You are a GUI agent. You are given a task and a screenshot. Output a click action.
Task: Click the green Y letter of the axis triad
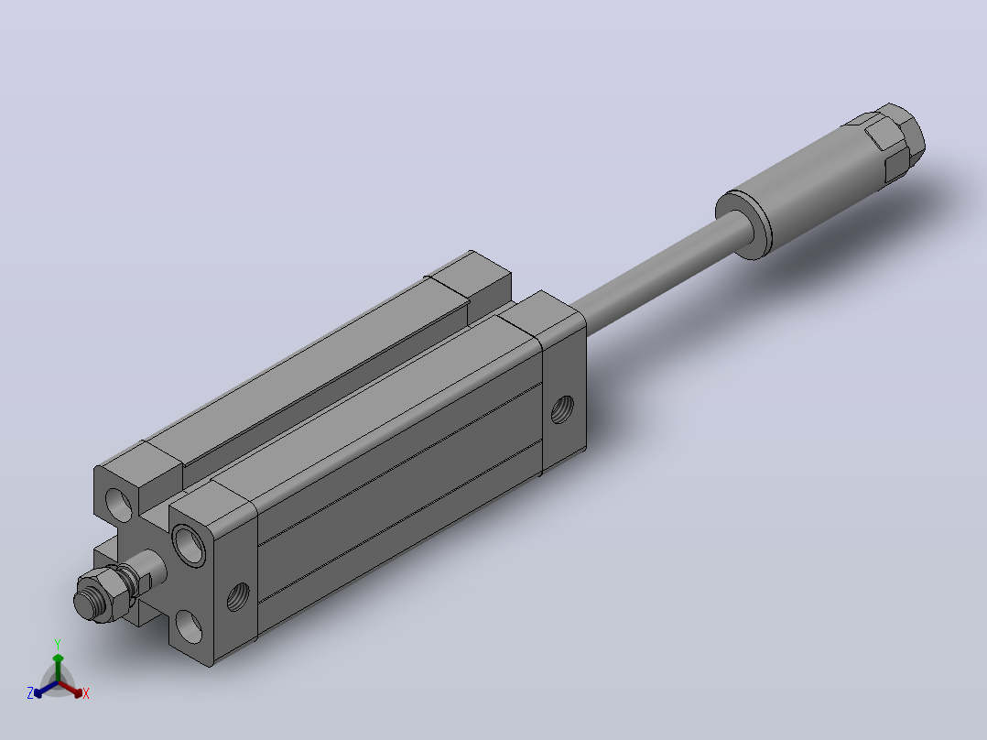click(x=58, y=645)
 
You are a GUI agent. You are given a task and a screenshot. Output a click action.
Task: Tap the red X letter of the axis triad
click(x=86, y=693)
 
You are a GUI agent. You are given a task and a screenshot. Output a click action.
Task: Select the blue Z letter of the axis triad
click(x=30, y=693)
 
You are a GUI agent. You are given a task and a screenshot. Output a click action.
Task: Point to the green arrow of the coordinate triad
click(x=58, y=669)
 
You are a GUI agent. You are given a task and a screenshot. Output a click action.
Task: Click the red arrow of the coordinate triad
click(x=70, y=689)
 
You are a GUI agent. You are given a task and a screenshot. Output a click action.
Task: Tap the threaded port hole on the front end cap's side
click(x=238, y=597)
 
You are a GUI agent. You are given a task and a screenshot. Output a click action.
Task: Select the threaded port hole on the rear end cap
click(x=562, y=409)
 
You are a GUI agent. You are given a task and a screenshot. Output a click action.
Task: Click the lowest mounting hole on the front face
click(x=189, y=626)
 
